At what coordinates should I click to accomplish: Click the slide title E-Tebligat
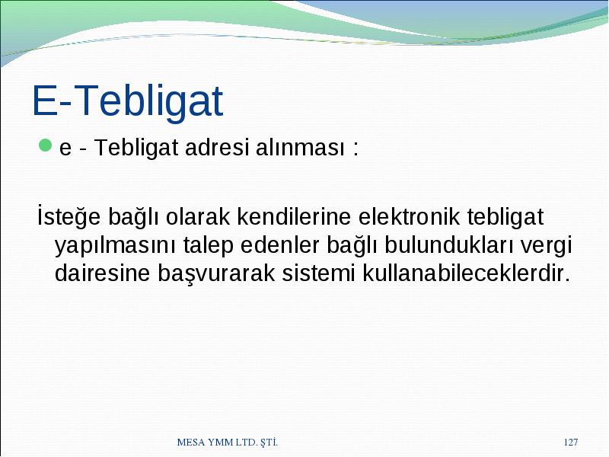(x=127, y=101)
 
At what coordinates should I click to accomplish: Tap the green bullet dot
(x=46, y=145)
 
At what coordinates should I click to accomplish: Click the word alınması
(x=300, y=147)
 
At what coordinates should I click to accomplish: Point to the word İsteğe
(x=69, y=216)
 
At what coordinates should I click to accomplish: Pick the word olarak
(x=198, y=216)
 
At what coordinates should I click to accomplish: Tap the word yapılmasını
(x=116, y=245)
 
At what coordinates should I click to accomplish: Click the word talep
(x=208, y=245)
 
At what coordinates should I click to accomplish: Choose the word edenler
(x=279, y=244)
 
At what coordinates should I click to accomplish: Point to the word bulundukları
(x=448, y=244)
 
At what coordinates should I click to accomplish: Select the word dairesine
(x=102, y=273)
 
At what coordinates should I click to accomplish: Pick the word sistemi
(x=318, y=273)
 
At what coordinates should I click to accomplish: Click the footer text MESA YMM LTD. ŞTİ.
(x=227, y=442)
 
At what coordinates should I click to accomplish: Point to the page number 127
(x=570, y=442)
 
